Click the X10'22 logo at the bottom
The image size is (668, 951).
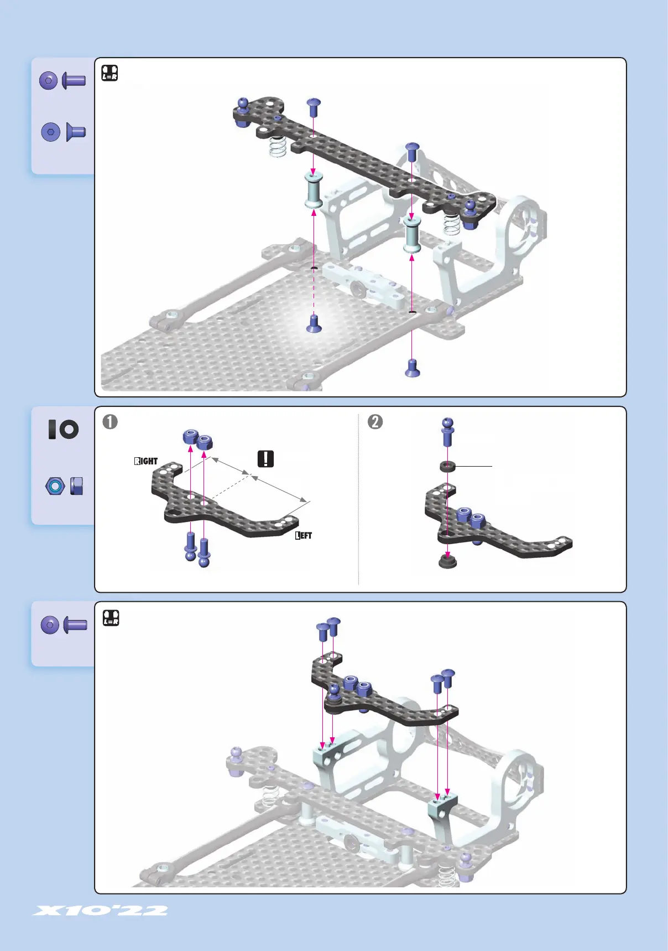[100, 911]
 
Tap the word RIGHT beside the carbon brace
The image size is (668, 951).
[146, 461]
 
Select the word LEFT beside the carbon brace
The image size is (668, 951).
[304, 535]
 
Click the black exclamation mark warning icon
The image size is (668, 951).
[266, 459]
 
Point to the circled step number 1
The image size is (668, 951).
[110, 422]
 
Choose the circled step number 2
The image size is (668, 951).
[375, 422]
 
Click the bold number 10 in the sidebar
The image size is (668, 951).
[63, 430]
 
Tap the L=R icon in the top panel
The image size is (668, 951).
[110, 73]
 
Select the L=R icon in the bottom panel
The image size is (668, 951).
[111, 618]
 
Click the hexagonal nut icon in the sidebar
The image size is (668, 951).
[55, 486]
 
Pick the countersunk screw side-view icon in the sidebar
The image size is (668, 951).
[76, 132]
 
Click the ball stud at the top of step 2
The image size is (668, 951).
[447, 432]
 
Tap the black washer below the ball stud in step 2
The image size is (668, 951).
[447, 467]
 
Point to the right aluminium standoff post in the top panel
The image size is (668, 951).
[411, 234]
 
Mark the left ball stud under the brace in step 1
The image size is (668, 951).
[191, 546]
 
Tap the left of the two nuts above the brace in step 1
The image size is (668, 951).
[191, 437]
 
